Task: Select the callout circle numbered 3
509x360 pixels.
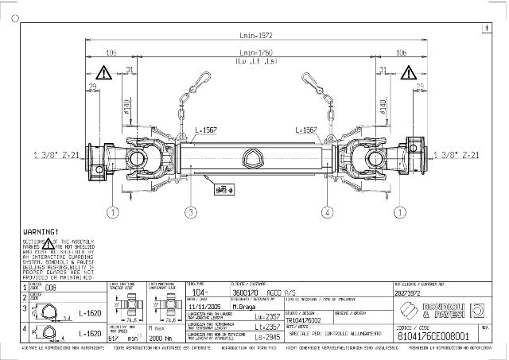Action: (191, 211)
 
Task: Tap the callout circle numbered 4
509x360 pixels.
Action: (326, 211)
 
